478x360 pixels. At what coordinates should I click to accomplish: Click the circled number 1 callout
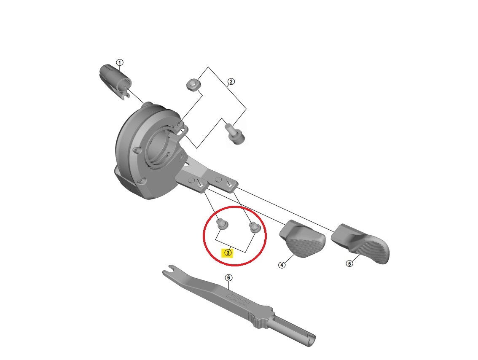tap(120, 63)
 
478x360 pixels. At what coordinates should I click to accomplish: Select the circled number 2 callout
tap(231, 82)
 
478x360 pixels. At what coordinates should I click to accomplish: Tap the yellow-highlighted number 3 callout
tap(228, 253)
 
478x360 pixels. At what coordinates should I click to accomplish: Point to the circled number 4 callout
tap(282, 265)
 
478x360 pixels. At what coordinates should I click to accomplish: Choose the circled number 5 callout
tap(349, 264)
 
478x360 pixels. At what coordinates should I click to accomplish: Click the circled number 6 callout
tap(228, 278)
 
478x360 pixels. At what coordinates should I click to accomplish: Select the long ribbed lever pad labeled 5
tap(363, 244)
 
